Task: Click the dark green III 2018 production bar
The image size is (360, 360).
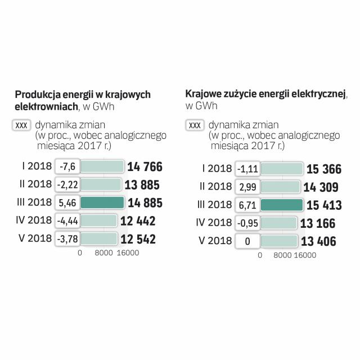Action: tap(102, 202)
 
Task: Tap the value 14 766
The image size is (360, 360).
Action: tap(145, 166)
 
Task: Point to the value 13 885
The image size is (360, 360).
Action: tap(142, 184)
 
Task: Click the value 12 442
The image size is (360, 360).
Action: tap(138, 221)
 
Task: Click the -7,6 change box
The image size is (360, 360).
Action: tap(68, 166)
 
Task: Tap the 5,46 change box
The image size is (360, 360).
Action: tap(68, 202)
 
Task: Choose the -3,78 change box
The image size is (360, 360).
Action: tap(68, 239)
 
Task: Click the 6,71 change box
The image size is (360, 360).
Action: tap(247, 205)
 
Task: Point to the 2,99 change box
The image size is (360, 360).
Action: tap(247, 187)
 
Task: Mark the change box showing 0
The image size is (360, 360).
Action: tap(247, 242)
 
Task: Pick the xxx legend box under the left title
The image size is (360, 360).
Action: tap(21, 125)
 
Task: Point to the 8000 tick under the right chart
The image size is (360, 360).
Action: tap(283, 255)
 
